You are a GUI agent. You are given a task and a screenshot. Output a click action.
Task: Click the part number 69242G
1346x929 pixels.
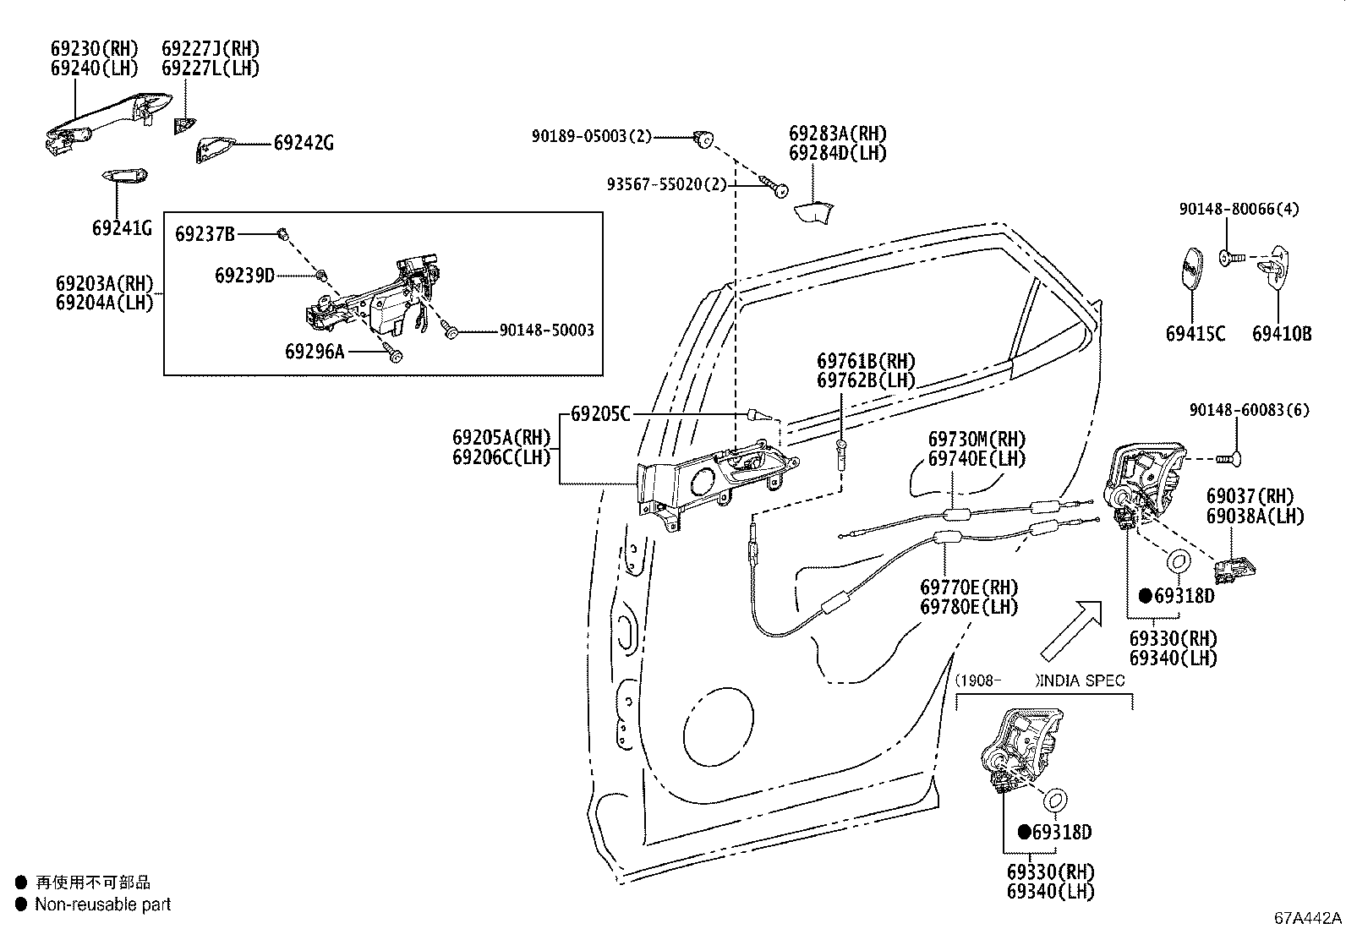(x=304, y=143)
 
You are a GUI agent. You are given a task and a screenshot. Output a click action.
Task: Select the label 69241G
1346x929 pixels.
(x=122, y=228)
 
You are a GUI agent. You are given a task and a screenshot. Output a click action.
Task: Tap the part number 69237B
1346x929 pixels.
(x=205, y=234)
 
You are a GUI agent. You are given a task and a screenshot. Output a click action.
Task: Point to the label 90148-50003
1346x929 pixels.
(x=546, y=330)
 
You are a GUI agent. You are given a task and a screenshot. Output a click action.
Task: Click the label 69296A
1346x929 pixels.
(x=315, y=352)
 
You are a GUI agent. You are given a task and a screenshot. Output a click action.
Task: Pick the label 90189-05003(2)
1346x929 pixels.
(x=591, y=136)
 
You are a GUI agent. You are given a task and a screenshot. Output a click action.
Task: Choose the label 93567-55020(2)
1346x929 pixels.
(x=666, y=184)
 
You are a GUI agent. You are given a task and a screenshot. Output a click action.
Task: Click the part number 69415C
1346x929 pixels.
(x=1196, y=334)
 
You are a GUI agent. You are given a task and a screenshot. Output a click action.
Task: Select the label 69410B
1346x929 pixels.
(x=1282, y=334)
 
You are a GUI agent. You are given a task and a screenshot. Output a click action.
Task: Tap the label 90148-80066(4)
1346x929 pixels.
(x=1239, y=209)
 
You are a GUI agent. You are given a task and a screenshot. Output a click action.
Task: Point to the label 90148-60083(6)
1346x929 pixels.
(x=1250, y=410)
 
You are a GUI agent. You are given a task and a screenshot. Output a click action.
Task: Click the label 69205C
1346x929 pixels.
(x=600, y=414)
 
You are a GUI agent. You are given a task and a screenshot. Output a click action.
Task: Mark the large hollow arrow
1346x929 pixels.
(x=1070, y=631)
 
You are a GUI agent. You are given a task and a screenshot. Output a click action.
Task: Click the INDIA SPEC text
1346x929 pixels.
(x=1082, y=680)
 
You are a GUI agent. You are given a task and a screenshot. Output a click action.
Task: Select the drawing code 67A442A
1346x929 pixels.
(x=1308, y=918)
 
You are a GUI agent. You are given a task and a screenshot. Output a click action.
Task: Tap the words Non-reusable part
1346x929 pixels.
(x=103, y=904)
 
